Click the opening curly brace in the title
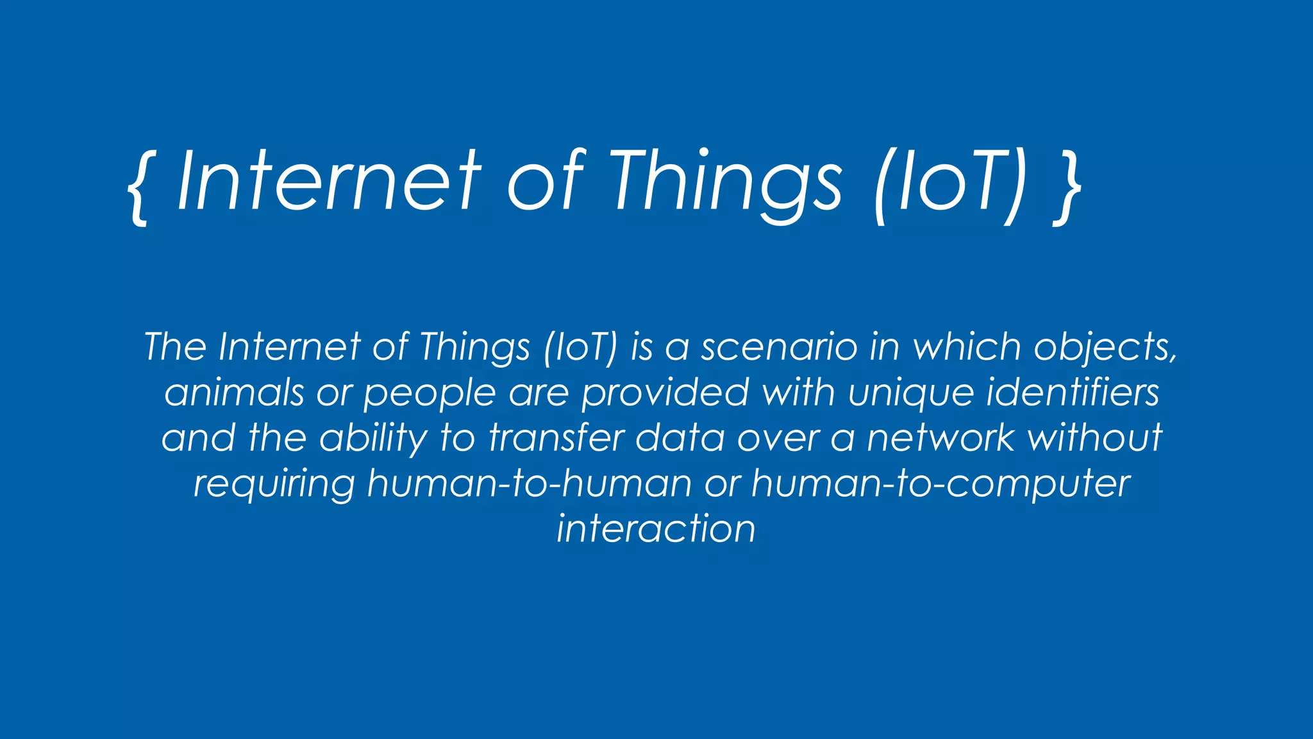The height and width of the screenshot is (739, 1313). [137, 186]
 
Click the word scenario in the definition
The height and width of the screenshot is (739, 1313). [779, 348]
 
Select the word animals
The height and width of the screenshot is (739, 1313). [233, 393]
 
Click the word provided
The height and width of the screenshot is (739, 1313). [665, 393]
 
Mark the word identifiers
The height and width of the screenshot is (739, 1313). [1073, 391]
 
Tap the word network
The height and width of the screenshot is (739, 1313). [941, 437]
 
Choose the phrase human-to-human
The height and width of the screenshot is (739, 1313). [530, 483]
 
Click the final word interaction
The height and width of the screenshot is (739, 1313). [656, 529]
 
